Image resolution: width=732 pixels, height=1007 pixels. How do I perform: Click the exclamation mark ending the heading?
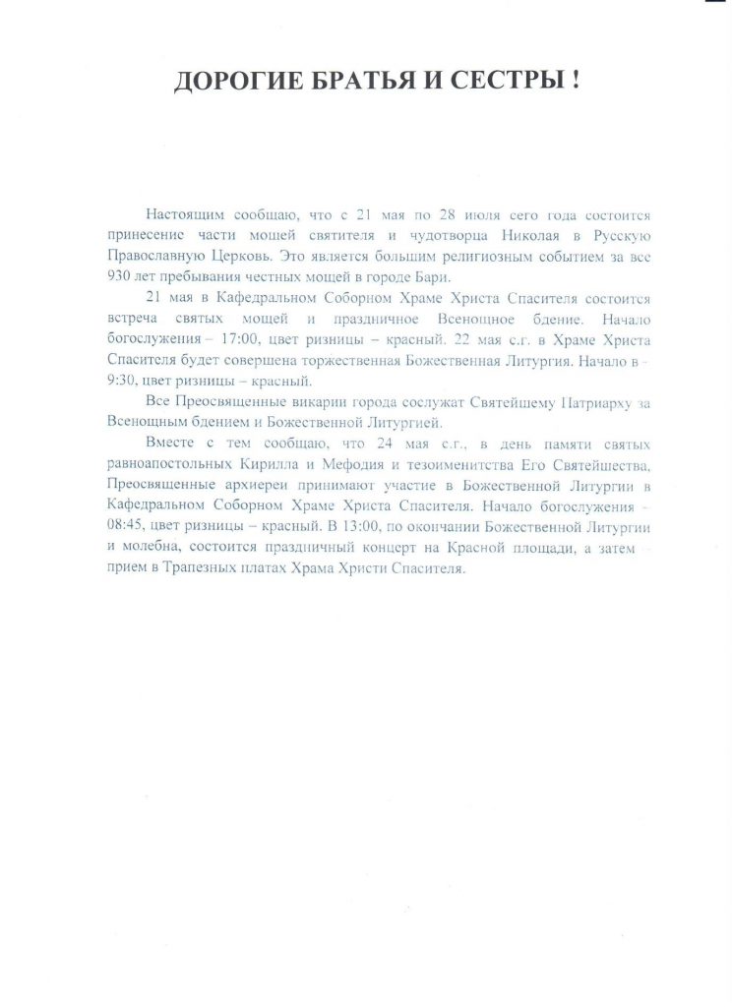[574, 82]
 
